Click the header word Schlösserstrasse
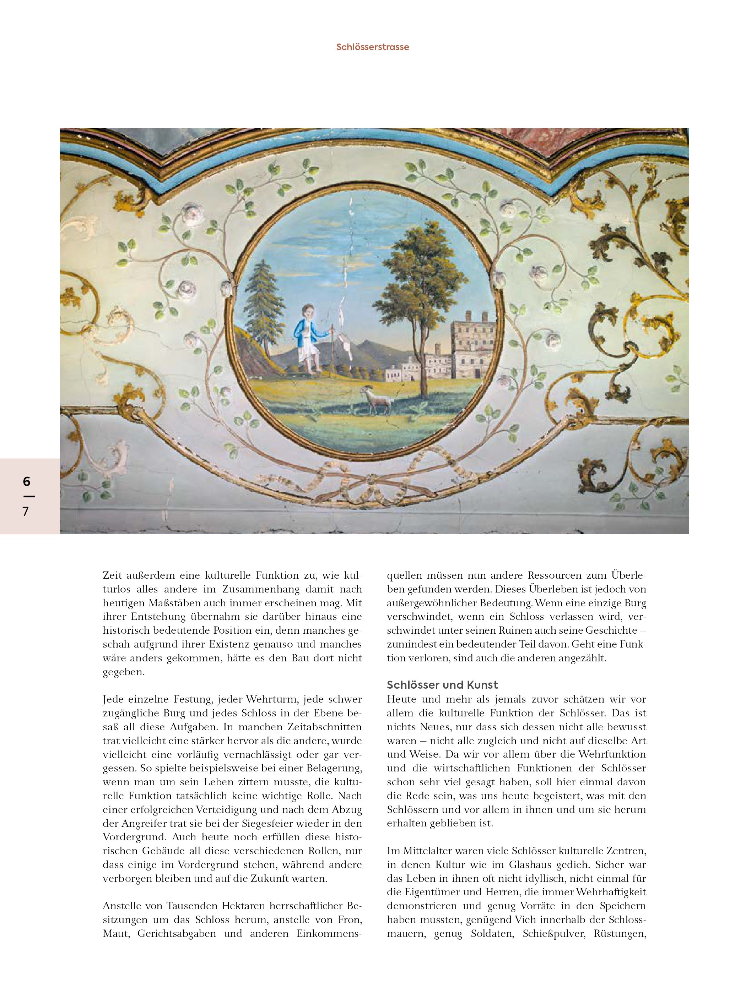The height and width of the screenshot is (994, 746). click(x=372, y=47)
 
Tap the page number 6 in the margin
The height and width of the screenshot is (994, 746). click(x=27, y=482)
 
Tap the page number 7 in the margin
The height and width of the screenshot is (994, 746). click(x=26, y=512)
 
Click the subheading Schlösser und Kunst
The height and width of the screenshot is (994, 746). click(x=443, y=685)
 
